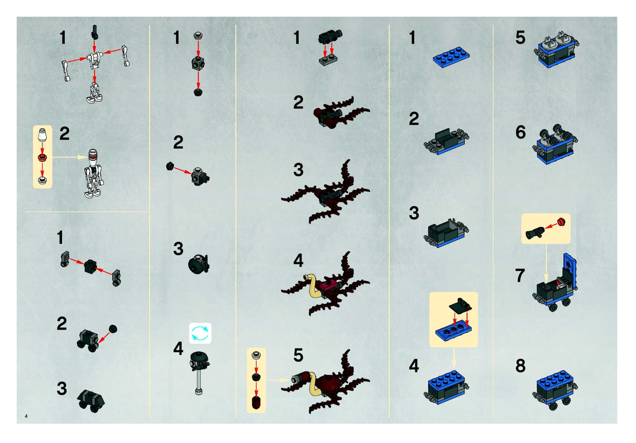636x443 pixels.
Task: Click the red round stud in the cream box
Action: point(561,222)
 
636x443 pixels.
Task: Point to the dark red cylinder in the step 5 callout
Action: point(256,403)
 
